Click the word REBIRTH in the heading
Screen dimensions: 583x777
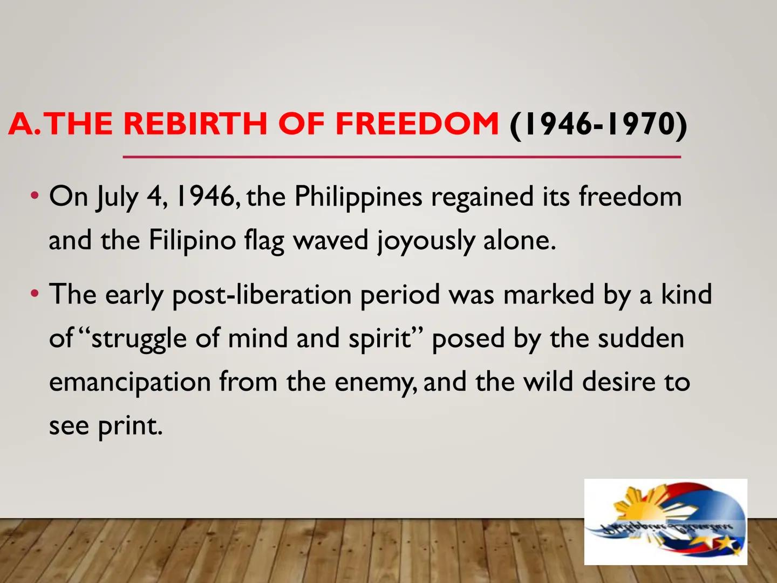195,124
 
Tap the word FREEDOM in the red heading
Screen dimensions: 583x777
417,124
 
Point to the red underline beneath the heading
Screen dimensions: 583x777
401,157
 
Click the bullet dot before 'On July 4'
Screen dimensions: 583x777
35,195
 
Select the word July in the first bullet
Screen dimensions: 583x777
117,198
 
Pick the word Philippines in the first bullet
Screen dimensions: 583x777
358,198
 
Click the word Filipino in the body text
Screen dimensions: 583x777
192,241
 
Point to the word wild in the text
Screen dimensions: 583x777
548,382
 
